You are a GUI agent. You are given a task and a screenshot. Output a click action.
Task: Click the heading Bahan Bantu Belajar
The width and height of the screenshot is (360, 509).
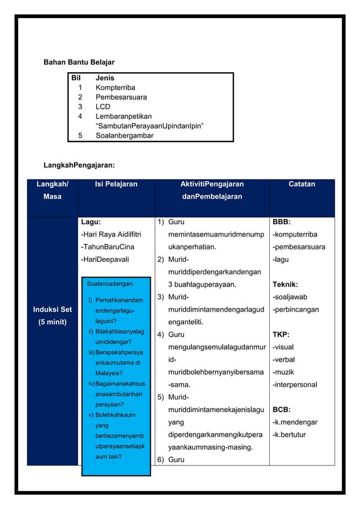tap(80, 62)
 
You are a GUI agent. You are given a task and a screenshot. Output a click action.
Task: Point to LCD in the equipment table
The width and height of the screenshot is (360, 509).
tap(103, 107)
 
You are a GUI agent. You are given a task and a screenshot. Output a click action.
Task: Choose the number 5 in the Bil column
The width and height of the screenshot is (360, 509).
tap(80, 135)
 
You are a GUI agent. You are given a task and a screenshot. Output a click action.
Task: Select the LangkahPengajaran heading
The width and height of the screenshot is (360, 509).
tap(80, 165)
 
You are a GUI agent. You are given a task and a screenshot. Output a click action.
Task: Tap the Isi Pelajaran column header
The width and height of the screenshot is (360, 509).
tap(116, 184)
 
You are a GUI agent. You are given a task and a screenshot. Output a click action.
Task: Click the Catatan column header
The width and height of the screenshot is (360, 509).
tap(302, 184)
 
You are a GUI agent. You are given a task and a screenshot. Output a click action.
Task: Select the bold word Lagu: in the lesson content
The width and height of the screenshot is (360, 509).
tap(91, 222)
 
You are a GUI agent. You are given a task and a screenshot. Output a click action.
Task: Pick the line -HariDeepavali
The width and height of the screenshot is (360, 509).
tap(106, 260)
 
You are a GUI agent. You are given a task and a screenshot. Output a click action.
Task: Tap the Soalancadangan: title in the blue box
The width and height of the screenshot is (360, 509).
tap(110, 284)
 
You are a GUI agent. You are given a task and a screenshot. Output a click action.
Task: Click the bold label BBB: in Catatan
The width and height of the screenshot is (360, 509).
tap(282, 222)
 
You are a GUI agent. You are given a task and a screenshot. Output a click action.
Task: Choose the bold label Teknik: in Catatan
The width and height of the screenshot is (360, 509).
tap(285, 284)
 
